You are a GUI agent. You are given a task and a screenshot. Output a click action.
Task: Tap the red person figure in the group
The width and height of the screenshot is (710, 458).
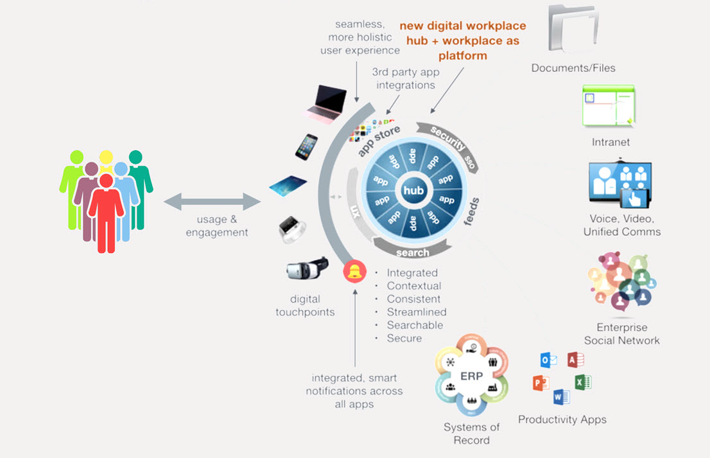pyautogui.click(x=106, y=212)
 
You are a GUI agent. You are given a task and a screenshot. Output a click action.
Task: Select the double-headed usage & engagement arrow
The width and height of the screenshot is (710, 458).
pyautogui.click(x=212, y=203)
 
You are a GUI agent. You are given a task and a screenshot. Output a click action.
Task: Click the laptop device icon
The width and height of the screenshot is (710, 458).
pyautogui.click(x=326, y=103)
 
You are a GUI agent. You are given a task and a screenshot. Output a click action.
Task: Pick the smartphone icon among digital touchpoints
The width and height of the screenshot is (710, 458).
pyautogui.click(x=306, y=146)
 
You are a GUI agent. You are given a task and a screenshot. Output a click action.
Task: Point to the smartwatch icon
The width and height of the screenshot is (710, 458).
pyautogui.click(x=292, y=229)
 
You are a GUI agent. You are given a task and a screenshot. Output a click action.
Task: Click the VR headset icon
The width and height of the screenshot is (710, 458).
pyautogui.click(x=307, y=269)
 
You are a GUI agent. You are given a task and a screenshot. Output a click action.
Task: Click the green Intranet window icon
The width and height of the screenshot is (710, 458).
pyautogui.click(x=609, y=105)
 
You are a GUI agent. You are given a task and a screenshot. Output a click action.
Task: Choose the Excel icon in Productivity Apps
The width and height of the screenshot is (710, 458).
pyautogui.click(x=582, y=382)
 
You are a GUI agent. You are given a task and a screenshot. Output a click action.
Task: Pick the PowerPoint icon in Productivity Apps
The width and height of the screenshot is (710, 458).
pyautogui.click(x=541, y=383)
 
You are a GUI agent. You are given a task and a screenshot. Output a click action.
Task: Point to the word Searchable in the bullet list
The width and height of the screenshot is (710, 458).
pyautogui.click(x=415, y=325)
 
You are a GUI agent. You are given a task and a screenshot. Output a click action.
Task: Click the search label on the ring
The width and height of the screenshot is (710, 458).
pyautogui.click(x=412, y=252)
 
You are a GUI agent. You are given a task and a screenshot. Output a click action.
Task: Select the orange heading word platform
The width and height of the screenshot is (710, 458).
pyautogui.click(x=463, y=56)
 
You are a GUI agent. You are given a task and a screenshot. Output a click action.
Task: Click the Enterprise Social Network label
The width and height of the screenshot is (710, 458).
pyautogui.click(x=621, y=334)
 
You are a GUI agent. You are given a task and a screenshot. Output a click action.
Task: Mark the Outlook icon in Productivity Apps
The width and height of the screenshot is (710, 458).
pyautogui.click(x=548, y=360)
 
